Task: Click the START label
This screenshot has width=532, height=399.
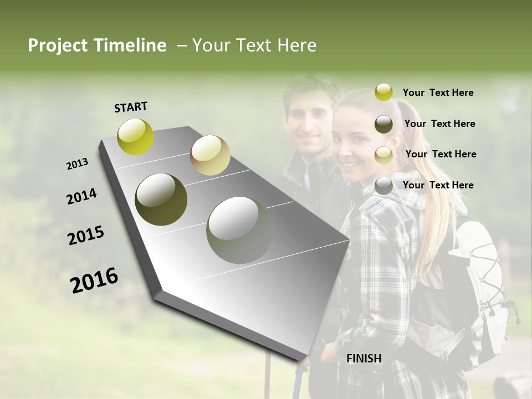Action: coord(131,107)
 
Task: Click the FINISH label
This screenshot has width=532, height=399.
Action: coord(364,359)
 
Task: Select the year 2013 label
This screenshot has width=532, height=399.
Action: coord(77,164)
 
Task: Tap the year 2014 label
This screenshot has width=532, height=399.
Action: coord(81,196)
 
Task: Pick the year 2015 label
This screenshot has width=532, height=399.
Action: coord(86,236)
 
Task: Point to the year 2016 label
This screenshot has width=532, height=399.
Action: coord(94,280)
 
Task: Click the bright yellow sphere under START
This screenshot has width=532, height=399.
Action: coord(136,136)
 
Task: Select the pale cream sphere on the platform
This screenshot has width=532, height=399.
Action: coord(210,155)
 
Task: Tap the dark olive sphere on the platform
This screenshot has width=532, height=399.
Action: coord(161,199)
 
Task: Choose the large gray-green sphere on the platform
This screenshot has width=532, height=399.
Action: coord(240,229)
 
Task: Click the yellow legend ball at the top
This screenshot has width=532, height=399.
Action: coord(383,92)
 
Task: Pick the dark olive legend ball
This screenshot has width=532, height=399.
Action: coord(383,124)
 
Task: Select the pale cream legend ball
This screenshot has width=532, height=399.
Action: coord(383,155)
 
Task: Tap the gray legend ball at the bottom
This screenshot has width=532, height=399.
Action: coord(383,186)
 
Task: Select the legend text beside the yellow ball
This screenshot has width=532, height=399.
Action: coord(438,93)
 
